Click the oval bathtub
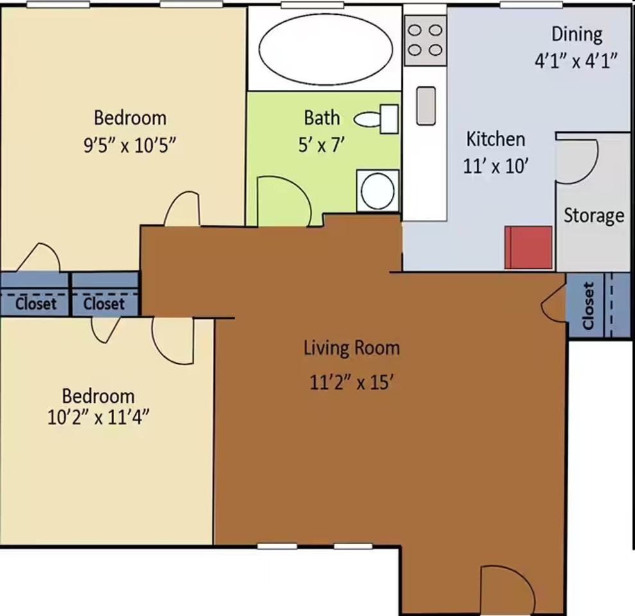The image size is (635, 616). click(x=326, y=49)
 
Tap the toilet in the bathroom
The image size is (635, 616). click(x=376, y=119)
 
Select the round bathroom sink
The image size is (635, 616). click(x=377, y=191)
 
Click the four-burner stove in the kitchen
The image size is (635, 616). click(x=425, y=40)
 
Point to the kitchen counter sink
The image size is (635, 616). click(x=426, y=105)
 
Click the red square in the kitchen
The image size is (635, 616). click(x=529, y=247)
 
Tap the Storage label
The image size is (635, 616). click(x=594, y=216)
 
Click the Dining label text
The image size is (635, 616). click(x=577, y=35)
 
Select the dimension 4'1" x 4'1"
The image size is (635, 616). click(x=576, y=62)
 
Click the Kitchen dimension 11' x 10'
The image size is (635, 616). click(x=496, y=166)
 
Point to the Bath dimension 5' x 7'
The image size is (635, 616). click(x=321, y=144)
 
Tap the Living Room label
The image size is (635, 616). click(x=352, y=348)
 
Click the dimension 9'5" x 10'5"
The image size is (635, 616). click(x=130, y=144)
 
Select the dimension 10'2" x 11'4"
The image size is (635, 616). click(x=98, y=417)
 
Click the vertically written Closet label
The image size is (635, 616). click(x=588, y=305)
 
